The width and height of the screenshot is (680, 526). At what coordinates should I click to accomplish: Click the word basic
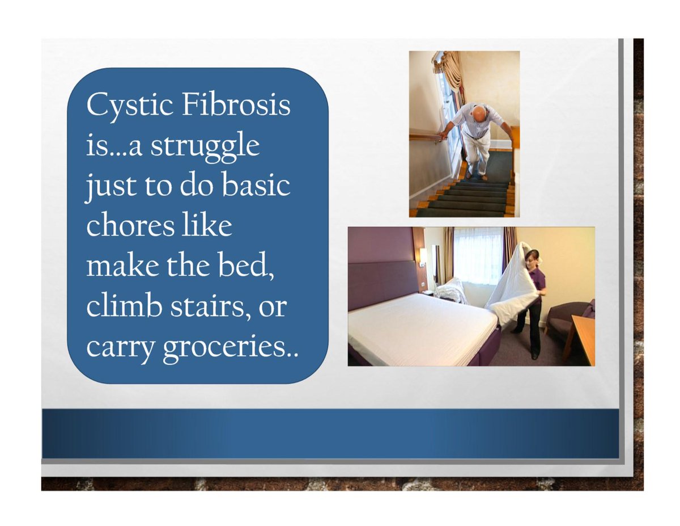point(259,186)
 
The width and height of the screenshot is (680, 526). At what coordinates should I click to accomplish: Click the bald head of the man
point(479,114)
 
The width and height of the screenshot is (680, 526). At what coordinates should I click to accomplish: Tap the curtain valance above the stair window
point(448,65)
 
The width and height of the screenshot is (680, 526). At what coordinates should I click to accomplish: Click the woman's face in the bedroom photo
point(531,259)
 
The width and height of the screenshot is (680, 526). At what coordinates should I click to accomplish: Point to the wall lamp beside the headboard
point(423,256)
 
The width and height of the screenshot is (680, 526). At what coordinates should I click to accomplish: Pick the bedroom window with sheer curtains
point(477,255)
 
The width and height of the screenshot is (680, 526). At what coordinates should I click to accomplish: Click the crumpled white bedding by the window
point(451,291)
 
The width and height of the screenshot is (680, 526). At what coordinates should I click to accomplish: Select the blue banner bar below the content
point(330,433)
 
